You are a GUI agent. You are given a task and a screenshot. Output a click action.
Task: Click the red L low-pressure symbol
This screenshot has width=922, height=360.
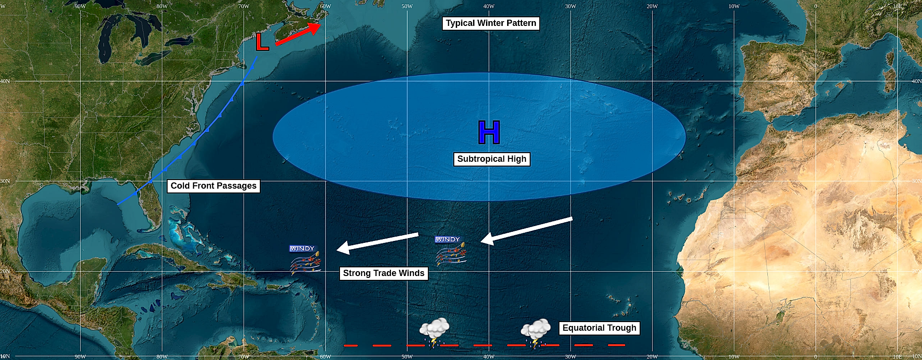coord(262,42)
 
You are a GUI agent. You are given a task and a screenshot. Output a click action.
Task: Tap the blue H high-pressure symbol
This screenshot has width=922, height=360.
coord(489,132)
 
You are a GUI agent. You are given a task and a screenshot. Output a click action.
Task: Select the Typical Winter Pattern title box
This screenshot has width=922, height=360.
coord(491,24)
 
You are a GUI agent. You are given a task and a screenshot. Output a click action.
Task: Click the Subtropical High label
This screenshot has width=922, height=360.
coord(492,159)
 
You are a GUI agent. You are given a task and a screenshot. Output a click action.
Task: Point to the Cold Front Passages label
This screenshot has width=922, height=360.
coord(214,186)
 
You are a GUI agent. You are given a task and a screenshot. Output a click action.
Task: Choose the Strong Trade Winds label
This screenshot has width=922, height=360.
coord(384,274)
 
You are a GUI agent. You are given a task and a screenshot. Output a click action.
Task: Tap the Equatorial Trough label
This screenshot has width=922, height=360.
coord(599,328)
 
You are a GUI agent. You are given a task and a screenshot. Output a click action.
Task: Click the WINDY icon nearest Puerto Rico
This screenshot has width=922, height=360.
coord(304,260)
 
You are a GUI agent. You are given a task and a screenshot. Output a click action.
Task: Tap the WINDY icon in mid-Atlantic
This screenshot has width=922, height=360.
coord(450,251)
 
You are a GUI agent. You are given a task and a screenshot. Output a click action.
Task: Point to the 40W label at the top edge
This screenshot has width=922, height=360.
coord(489,6)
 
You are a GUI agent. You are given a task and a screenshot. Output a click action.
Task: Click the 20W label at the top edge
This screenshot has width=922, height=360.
coord(652,6)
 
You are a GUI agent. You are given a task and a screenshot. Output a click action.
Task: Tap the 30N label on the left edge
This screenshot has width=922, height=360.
coord(5,181)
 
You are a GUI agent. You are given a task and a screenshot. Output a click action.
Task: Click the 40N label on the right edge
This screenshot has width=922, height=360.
coord(916,81)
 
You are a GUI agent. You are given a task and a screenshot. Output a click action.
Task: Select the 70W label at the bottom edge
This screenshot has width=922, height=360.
coord(244,357)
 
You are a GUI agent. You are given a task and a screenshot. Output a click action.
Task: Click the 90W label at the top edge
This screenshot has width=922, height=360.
coord(80,6)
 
